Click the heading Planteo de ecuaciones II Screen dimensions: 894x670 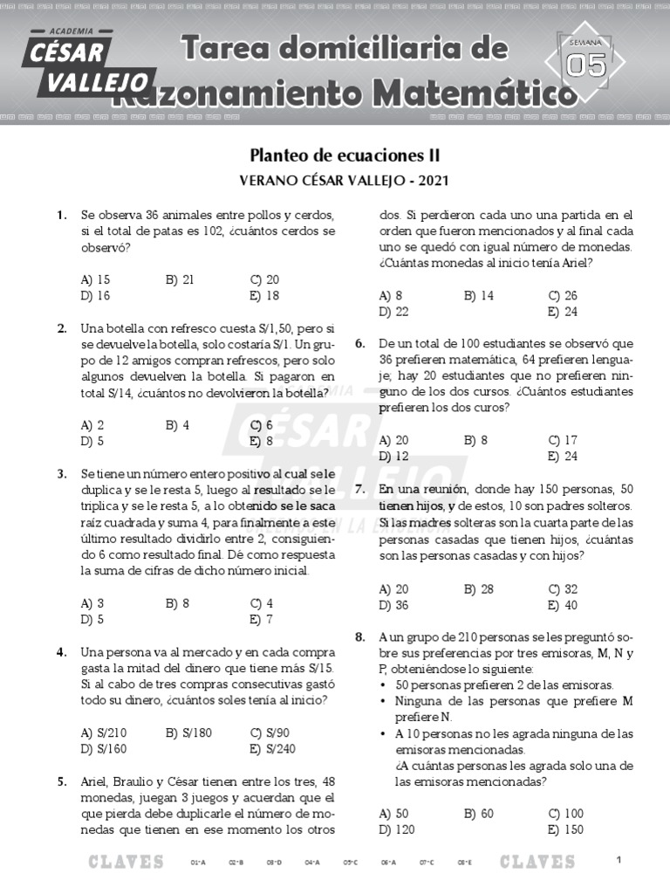click(345, 155)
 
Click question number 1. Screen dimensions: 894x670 click(62, 215)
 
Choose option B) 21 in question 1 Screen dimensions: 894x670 click(180, 279)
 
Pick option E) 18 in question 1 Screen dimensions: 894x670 click(264, 295)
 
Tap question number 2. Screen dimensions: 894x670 click(62, 328)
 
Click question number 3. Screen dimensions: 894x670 click(62, 473)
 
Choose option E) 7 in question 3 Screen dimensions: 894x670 click(262, 619)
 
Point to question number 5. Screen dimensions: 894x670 click(62, 781)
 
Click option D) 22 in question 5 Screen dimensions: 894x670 click(394, 312)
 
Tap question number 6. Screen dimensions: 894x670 click(359, 344)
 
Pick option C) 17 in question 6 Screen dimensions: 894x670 click(563, 440)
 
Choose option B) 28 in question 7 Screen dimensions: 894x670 click(479, 588)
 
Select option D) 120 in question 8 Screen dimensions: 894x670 click(397, 829)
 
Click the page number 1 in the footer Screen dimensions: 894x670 click(618, 861)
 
